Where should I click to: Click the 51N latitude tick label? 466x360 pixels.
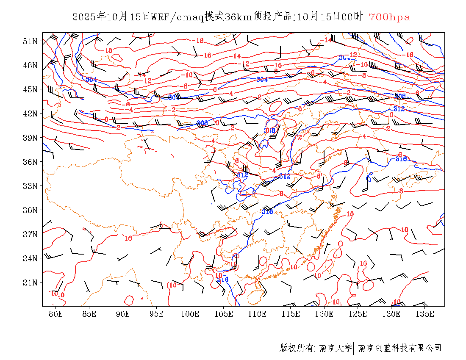coord(30,41)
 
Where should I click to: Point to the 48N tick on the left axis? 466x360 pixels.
coord(30,65)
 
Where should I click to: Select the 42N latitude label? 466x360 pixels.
coord(30,114)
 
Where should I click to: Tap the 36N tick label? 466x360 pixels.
coord(30,162)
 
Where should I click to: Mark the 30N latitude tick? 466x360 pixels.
coord(30,210)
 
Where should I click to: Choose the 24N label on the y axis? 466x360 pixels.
coord(30,258)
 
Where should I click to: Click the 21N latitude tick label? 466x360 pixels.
coord(30,282)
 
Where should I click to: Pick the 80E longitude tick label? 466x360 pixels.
coord(56,314)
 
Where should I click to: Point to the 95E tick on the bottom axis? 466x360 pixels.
coord(156,314)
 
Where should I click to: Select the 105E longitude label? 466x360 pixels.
coord(224,314)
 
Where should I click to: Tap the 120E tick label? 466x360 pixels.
coord(324,314)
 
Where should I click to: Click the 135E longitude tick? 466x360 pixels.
coord(425,314)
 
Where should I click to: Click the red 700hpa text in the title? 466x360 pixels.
coord(389,17)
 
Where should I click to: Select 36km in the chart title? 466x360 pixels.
coord(238,17)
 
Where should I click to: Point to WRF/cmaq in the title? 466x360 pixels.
coord(177,17)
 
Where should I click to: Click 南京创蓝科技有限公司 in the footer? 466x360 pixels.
coord(399,348)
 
